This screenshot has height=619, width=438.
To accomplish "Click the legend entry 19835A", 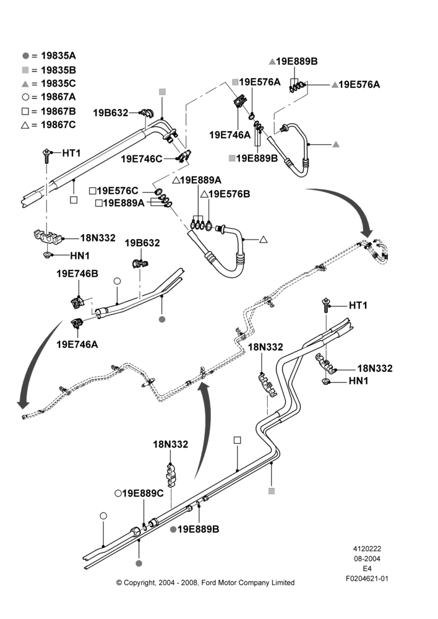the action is [x=49, y=56].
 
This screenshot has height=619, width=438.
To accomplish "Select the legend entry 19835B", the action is [x=49, y=70].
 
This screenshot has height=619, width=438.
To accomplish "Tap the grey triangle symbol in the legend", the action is [x=25, y=84].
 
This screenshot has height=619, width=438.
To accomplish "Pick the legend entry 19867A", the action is [x=49, y=97].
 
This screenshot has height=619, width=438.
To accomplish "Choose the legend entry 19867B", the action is [x=49, y=111].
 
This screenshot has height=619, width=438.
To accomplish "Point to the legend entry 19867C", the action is [x=49, y=125].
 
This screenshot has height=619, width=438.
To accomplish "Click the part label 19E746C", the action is [x=141, y=158].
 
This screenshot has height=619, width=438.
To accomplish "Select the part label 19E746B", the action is [x=77, y=274].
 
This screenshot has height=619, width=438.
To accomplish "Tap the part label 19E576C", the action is [x=114, y=191].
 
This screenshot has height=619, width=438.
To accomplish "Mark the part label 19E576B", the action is [x=225, y=194].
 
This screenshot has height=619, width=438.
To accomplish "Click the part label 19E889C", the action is [x=139, y=493].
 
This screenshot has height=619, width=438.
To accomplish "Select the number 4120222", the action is [x=367, y=548].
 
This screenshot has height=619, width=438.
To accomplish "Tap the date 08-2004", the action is [x=367, y=558].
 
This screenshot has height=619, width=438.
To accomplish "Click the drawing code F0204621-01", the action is [x=367, y=579].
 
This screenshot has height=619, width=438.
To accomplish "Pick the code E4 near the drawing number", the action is [x=367, y=569].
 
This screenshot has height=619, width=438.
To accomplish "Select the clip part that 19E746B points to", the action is [x=77, y=303].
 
